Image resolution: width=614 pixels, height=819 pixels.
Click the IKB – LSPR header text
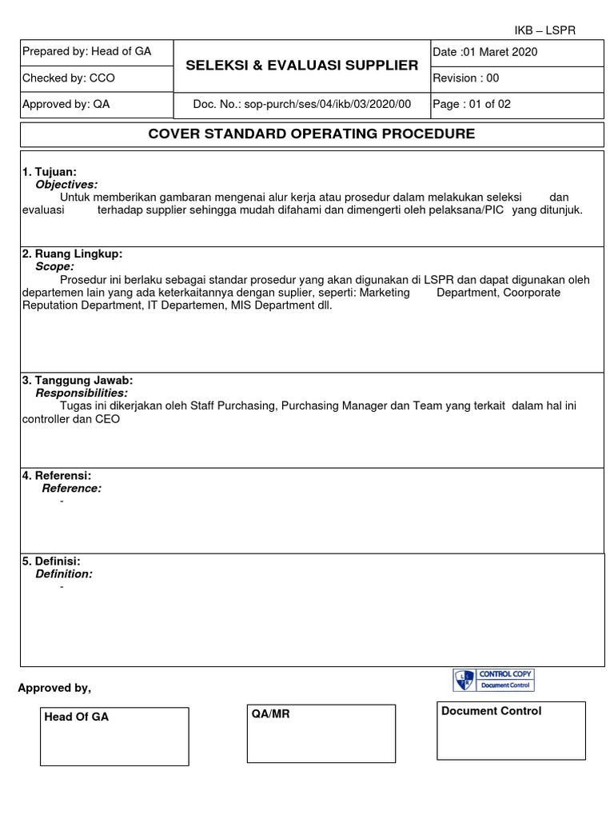click(544, 30)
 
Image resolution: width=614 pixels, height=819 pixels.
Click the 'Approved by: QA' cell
click(66, 104)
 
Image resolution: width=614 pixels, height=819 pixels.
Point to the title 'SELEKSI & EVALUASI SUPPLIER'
click(301, 65)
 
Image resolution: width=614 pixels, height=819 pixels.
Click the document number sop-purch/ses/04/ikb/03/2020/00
click(301, 104)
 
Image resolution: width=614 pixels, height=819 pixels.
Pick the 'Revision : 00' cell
click(466, 78)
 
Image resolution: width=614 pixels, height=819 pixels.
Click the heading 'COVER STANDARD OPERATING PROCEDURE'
click(312, 134)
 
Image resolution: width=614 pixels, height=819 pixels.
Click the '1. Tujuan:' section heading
click(50, 172)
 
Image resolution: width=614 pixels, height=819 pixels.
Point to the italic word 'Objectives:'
click(66, 184)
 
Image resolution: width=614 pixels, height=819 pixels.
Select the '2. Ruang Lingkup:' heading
click(72, 254)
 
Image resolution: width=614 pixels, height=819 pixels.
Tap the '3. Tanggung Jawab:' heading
click(78, 380)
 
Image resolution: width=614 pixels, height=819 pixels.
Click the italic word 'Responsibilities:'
click(81, 393)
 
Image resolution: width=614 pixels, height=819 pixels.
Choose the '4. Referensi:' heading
click(57, 475)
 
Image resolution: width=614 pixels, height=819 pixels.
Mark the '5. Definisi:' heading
click(51, 561)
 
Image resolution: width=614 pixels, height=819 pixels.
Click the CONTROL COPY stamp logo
click(493, 680)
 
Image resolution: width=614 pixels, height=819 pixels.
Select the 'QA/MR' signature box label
click(270, 714)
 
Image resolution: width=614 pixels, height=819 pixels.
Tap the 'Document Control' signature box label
click(491, 711)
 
